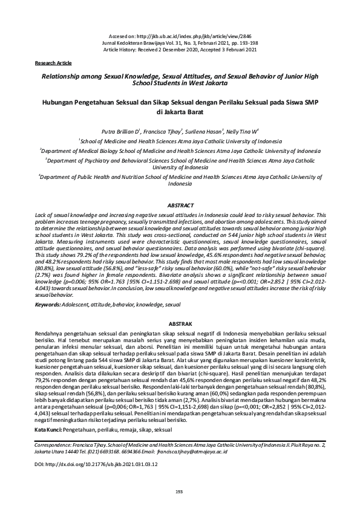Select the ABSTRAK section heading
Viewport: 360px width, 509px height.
click(x=180, y=325)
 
